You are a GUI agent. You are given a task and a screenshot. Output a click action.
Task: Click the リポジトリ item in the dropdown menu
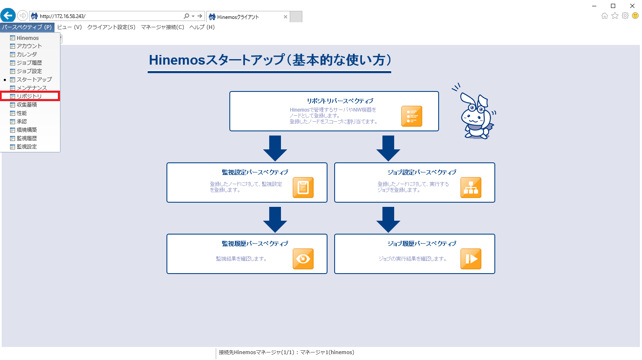29,97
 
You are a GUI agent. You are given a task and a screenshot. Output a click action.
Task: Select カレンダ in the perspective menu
27,55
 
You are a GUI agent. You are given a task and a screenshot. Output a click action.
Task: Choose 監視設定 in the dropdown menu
27,147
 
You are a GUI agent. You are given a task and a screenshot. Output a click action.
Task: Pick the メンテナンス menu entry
31,88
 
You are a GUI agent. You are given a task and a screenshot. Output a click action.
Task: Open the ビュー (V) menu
69,27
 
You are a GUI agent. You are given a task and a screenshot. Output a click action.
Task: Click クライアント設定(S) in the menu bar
111,27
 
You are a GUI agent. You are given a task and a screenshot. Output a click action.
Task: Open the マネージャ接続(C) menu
162,27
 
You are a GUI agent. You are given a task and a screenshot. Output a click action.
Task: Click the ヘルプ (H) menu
202,27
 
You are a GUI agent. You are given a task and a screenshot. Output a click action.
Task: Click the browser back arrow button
8,16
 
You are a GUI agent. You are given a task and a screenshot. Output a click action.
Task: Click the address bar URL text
62,16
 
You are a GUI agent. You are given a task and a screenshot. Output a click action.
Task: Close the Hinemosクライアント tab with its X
286,17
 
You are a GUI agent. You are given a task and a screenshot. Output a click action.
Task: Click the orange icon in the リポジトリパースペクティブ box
411,116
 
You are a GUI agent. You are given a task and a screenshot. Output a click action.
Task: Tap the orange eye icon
303,259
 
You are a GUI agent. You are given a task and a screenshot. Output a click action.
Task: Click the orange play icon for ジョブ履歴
470,259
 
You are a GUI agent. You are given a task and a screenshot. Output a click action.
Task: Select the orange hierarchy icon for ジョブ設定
470,188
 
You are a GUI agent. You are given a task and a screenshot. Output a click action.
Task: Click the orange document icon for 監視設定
303,188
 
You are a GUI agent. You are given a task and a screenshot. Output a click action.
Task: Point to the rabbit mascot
476,113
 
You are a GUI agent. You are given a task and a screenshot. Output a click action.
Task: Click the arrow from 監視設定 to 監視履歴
275,220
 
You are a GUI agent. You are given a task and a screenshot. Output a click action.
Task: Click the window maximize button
613,6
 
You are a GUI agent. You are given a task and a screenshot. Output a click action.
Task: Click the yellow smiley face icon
635,16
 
